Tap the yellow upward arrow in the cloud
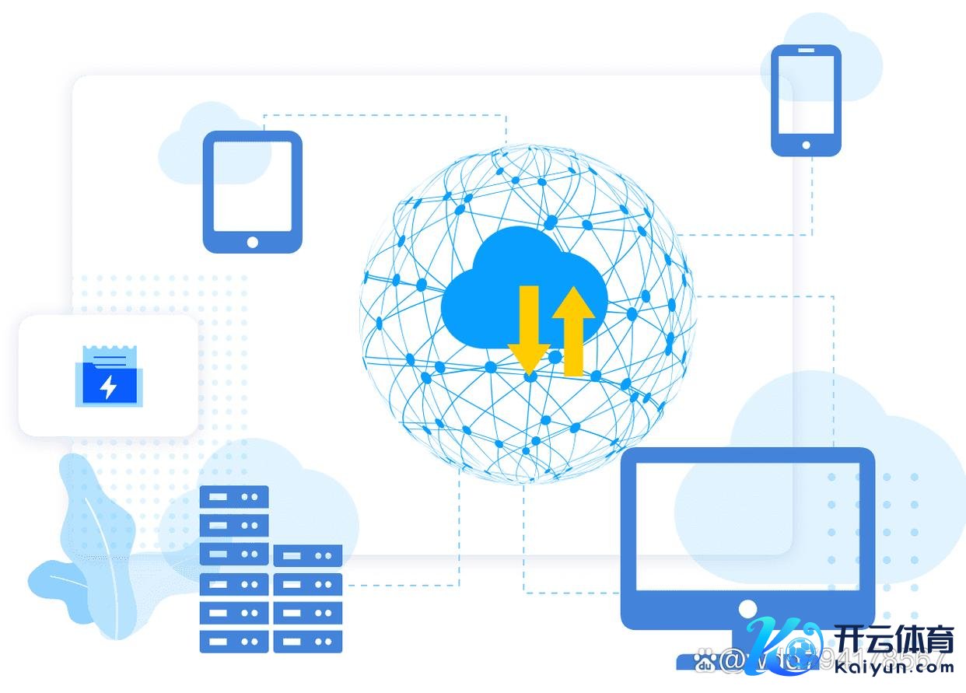pos(573,331)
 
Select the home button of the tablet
pos(252,242)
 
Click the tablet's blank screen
pos(252,185)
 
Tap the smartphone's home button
pos(806,145)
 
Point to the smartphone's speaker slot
pos(806,52)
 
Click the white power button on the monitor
pos(747,608)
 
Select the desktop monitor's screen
pos(747,526)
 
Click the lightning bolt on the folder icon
pos(109,387)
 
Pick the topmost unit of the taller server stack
pos(234,496)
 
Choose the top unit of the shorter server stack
pos(308,555)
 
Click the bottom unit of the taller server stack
pos(234,642)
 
